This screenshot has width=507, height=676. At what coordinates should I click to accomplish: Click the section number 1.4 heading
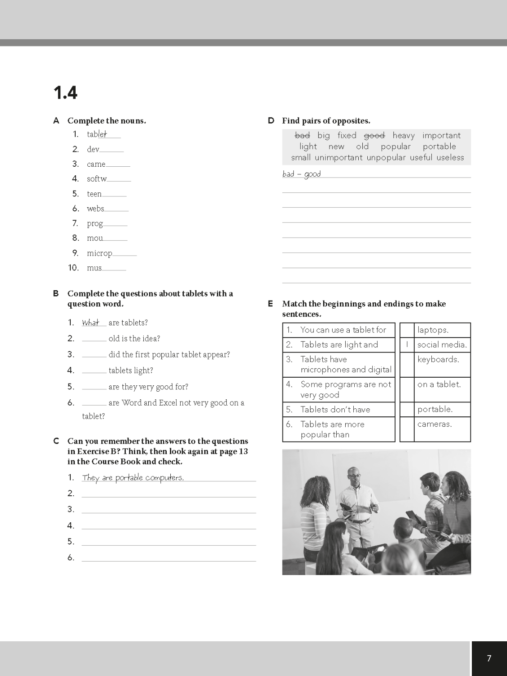(x=65, y=93)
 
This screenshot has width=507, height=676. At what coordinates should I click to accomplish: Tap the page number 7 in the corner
(x=489, y=658)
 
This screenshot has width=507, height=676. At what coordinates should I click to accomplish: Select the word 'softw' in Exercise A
(x=97, y=179)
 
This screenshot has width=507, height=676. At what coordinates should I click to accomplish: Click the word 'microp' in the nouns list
(x=100, y=253)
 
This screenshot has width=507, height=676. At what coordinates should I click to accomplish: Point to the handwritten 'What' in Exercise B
(x=91, y=323)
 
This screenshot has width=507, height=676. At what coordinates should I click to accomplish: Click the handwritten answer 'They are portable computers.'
(x=133, y=478)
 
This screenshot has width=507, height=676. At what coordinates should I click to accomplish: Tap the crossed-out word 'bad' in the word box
(x=302, y=135)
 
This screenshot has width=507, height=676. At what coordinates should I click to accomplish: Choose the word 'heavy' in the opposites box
(x=403, y=135)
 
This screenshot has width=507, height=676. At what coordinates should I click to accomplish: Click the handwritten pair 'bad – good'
(x=301, y=174)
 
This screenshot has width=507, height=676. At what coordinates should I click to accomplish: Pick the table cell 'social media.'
(x=442, y=345)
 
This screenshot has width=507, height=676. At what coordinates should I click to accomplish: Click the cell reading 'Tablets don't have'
(x=335, y=410)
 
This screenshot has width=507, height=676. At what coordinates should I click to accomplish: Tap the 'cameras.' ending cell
(x=434, y=424)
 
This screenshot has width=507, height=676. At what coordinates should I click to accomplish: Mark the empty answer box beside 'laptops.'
(x=407, y=330)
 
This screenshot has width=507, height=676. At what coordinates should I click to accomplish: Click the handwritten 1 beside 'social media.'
(x=407, y=345)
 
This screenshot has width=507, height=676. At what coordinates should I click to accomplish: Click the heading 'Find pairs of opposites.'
(x=326, y=121)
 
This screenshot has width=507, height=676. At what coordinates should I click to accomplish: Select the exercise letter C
(x=56, y=441)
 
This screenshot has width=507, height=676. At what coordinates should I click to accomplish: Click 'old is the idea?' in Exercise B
(x=134, y=339)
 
